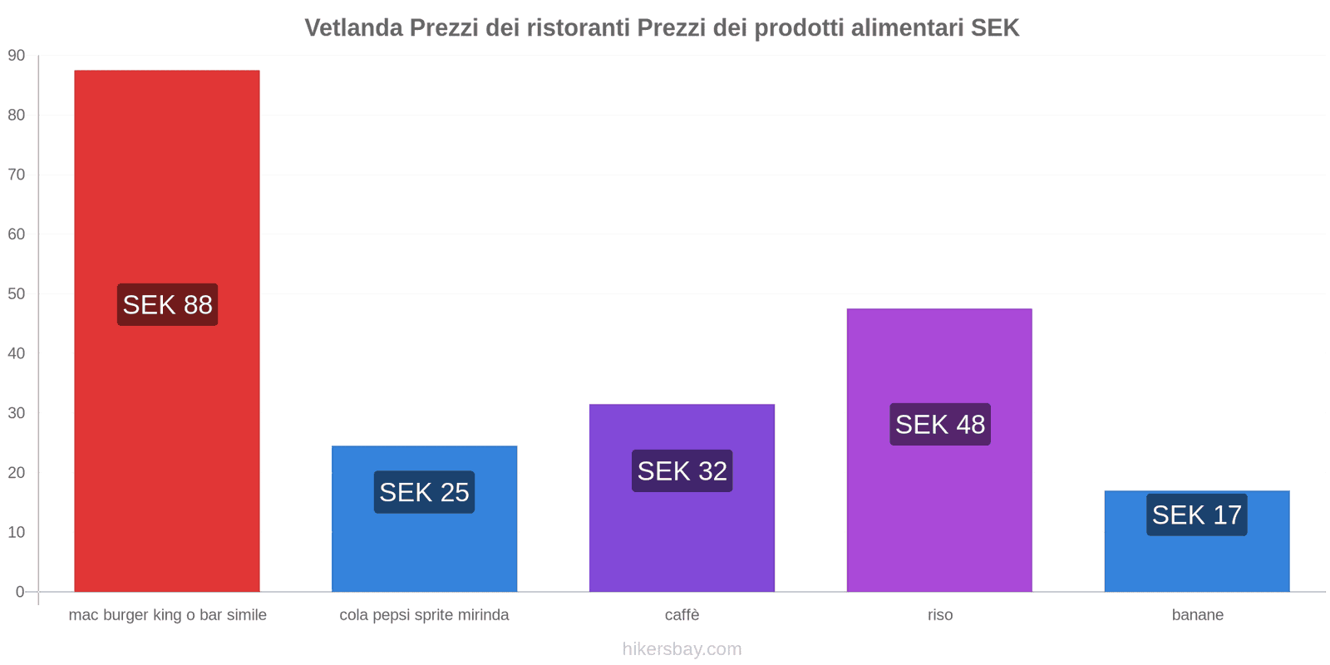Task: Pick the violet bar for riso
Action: pos(939,515)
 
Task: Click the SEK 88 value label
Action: pos(167,305)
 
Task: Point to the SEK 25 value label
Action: pos(424,492)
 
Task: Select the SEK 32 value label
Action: pos(682,471)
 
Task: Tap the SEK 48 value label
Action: pos(940,425)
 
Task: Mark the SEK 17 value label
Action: pos(1196,515)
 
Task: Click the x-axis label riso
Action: pos(940,615)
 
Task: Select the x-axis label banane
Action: pos(1197,615)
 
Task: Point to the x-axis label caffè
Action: pos(682,615)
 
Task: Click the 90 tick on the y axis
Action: pos(17,56)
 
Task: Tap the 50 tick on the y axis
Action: pos(17,294)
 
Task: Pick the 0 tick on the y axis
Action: pos(20,592)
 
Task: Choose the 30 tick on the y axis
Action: pos(17,413)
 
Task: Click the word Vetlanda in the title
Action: pos(353,28)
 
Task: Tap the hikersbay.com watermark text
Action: pos(682,649)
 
